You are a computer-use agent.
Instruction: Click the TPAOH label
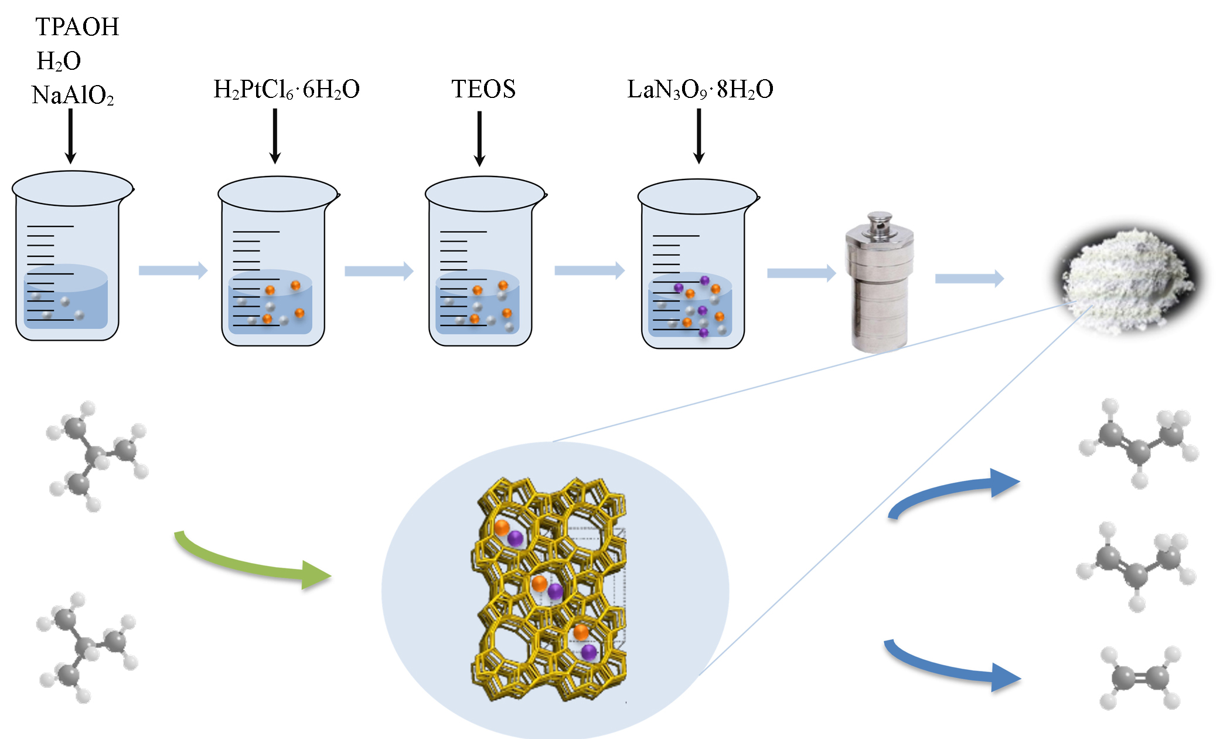[x=77, y=27]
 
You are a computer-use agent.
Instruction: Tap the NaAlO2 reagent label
[x=73, y=95]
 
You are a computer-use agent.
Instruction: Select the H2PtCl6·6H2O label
[x=287, y=90]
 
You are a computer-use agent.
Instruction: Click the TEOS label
[x=483, y=89]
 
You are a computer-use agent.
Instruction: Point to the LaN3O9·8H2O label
[x=700, y=90]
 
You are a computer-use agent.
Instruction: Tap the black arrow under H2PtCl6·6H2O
[x=275, y=135]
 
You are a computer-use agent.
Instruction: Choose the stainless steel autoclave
[x=878, y=282]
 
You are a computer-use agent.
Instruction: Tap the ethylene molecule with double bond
[x=1140, y=678]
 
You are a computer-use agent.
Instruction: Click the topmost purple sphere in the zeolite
[x=515, y=538]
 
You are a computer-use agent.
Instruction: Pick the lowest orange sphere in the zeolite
[x=581, y=632]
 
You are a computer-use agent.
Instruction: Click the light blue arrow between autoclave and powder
[x=969, y=278]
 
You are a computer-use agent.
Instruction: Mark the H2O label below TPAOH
[x=59, y=61]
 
